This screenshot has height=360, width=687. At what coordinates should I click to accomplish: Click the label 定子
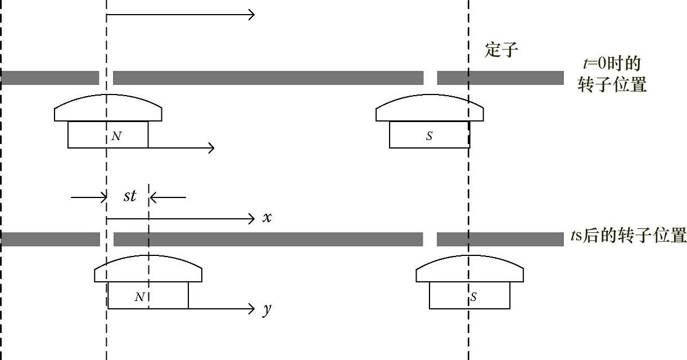(501, 51)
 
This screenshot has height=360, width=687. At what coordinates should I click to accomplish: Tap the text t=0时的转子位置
(612, 74)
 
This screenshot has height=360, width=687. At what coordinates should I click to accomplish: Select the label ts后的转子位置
(628, 235)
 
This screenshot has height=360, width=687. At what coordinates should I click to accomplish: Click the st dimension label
(130, 196)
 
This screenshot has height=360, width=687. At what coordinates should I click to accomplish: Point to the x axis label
(267, 218)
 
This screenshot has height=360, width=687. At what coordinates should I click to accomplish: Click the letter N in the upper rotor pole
(116, 136)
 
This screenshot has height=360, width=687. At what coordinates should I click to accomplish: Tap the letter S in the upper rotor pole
(430, 136)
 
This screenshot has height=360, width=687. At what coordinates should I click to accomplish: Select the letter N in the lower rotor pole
(140, 296)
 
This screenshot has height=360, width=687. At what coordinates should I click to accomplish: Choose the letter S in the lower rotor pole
(473, 296)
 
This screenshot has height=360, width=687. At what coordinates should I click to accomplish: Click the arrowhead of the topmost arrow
(251, 14)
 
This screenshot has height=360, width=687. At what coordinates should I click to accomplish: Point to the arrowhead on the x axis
(251, 218)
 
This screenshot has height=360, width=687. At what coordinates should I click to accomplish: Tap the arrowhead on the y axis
(251, 308)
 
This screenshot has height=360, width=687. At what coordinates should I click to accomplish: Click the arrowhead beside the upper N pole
(211, 148)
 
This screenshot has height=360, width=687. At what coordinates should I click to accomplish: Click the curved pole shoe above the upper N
(108, 109)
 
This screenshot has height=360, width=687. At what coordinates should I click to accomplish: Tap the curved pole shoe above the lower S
(469, 270)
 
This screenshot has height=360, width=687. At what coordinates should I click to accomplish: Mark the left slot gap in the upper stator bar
(106, 78)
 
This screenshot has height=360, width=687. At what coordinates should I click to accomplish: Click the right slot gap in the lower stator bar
(430, 239)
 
